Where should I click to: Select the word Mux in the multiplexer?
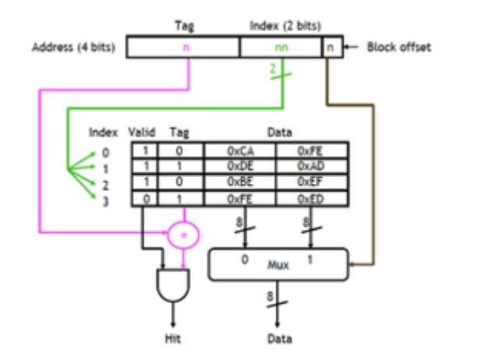pos(278,265)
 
